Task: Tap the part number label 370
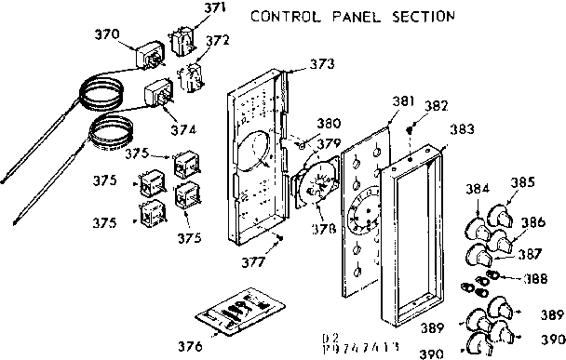108,33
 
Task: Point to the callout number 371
215,8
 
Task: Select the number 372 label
217,40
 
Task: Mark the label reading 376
190,346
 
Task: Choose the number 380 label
328,123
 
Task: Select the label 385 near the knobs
522,182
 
